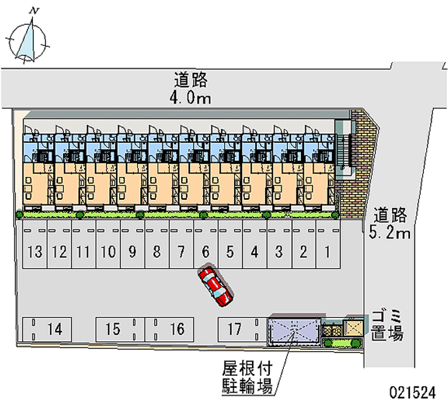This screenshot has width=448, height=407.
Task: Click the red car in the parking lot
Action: tap(216, 287)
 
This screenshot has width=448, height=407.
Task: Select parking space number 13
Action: tap(35, 244)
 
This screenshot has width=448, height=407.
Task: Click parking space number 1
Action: tap(328, 244)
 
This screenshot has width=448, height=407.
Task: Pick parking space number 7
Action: tap(181, 244)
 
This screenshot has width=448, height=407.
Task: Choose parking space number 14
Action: tap(47, 329)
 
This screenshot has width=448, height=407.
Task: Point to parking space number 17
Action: tap(243, 329)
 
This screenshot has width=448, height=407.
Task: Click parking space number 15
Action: tap(120, 329)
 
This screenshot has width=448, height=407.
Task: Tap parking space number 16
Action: tap(170, 329)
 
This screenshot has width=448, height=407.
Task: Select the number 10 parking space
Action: tap(108, 244)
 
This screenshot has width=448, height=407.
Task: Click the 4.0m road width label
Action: tap(190, 98)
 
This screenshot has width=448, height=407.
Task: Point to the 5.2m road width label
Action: tap(389, 232)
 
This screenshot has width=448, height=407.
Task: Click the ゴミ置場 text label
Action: tap(387, 326)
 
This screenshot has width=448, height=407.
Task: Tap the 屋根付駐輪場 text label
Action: tap(248, 377)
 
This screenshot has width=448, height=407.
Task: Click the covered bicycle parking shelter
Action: tap(295, 330)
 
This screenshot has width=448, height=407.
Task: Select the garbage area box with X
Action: tap(353, 328)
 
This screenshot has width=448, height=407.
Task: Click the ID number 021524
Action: tap(413, 392)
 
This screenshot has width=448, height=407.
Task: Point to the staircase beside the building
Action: tap(343, 150)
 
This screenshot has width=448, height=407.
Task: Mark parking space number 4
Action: tap(255, 244)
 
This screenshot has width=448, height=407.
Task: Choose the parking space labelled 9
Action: tap(133, 244)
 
